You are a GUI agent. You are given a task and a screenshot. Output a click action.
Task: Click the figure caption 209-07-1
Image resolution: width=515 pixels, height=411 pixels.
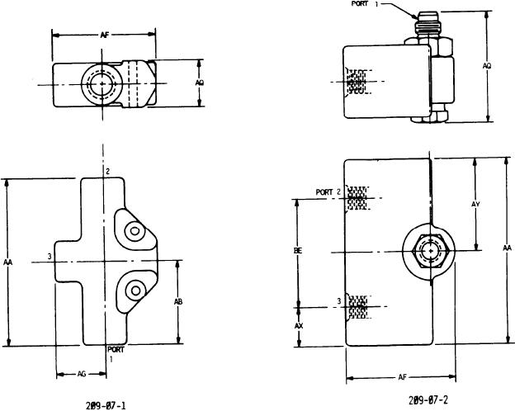(x=107, y=405)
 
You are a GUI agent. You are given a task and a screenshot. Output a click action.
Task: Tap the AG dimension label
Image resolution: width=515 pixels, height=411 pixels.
(x=81, y=374)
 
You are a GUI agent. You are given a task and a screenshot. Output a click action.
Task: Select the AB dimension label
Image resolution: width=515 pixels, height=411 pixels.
(x=178, y=302)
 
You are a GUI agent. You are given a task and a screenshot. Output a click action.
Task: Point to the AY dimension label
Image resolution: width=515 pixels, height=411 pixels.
(x=476, y=203)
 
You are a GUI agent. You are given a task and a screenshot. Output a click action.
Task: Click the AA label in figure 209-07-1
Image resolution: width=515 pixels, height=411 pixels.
(x=7, y=262)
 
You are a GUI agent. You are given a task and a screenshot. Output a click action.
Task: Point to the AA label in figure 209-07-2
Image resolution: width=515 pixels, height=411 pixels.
(x=506, y=248)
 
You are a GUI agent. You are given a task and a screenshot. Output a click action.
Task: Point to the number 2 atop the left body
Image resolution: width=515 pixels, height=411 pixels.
(x=108, y=171)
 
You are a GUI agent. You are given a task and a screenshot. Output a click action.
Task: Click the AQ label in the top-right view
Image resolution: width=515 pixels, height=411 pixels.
(x=487, y=65)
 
